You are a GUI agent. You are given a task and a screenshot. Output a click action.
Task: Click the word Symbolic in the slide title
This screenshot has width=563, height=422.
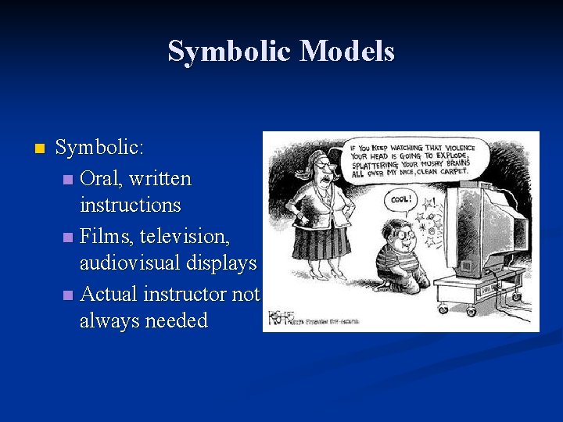point(230,52)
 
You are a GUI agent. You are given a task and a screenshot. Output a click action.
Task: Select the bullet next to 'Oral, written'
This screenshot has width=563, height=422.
point(69,180)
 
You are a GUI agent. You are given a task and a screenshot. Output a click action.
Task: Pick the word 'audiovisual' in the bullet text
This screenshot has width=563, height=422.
point(130,263)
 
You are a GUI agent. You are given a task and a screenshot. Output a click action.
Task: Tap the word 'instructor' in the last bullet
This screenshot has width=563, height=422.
point(184,294)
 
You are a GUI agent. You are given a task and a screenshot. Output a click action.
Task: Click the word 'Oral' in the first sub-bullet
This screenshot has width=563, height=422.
point(99,178)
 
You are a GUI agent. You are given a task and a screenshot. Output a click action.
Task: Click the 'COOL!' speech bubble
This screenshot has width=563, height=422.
point(400,199)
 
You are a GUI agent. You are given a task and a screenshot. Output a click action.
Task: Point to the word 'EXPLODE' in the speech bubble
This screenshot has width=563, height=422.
point(447,156)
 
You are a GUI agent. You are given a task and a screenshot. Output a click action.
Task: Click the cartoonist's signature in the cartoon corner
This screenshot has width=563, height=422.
point(279,317)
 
